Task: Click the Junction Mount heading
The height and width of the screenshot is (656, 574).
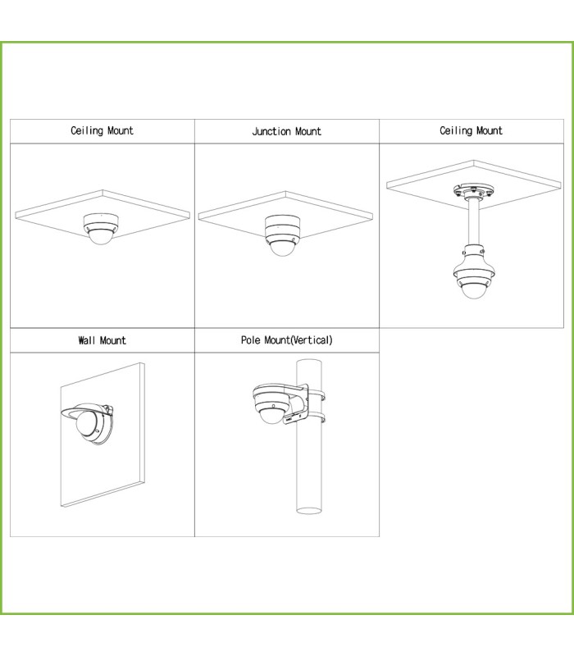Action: click(286, 131)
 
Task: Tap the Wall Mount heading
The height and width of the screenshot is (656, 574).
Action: click(102, 340)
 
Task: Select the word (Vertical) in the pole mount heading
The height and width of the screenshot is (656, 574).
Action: click(312, 340)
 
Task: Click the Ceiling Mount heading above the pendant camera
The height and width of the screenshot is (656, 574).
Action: click(471, 130)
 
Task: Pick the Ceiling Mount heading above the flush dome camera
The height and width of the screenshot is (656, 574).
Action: click(102, 130)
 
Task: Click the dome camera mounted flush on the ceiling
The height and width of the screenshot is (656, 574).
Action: click(102, 229)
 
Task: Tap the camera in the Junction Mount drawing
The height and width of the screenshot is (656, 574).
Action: click(282, 235)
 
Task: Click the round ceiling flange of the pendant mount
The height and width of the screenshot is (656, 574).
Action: click(473, 192)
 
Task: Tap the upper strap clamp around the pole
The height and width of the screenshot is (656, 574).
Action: click(317, 394)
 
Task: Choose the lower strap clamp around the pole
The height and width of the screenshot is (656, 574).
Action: click(317, 417)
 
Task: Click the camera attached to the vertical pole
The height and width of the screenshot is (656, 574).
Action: click(273, 403)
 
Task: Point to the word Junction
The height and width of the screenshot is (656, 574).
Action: click(271, 131)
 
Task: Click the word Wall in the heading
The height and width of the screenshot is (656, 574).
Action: click(87, 340)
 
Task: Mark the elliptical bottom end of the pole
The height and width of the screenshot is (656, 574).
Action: click(309, 510)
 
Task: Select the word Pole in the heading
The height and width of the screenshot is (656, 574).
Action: click(251, 340)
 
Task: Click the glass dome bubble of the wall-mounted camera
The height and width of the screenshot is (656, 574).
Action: click(86, 423)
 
